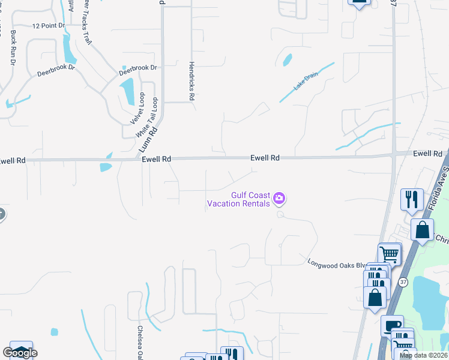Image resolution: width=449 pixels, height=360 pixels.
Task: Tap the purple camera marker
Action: tap(279, 198)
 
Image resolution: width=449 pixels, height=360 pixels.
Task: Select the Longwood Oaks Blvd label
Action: tap(336, 263)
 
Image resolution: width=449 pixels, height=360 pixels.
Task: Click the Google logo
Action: tap(20, 353)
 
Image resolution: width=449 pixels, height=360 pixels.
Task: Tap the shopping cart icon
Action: tap(389, 254)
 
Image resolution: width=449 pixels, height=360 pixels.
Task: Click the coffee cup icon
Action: tap(392, 325)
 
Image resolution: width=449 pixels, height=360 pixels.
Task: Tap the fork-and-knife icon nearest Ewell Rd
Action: tap(412, 199)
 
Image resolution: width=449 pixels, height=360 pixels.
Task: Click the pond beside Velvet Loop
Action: tap(127, 92)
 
